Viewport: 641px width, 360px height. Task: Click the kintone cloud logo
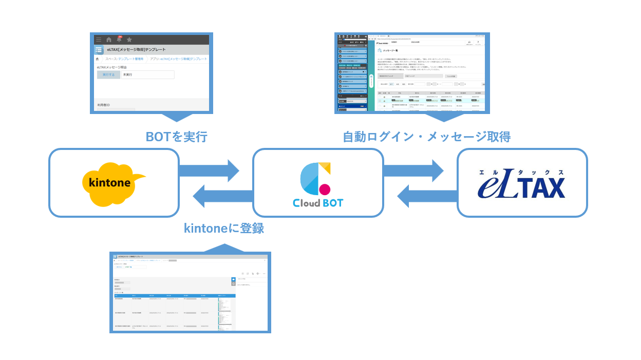[x=112, y=183]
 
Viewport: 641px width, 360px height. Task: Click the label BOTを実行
[x=176, y=137]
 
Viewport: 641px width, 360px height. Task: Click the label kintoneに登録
[x=224, y=228]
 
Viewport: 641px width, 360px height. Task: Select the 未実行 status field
[x=144, y=75]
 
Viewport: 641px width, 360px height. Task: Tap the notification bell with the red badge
[x=119, y=40]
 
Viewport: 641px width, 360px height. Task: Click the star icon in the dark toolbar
[x=129, y=40]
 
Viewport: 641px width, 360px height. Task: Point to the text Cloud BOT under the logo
[x=317, y=203]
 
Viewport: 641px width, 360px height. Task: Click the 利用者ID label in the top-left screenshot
[x=104, y=105]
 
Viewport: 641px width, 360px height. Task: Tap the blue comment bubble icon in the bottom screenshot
[x=233, y=279]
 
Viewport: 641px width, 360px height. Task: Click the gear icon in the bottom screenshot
[x=258, y=274]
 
